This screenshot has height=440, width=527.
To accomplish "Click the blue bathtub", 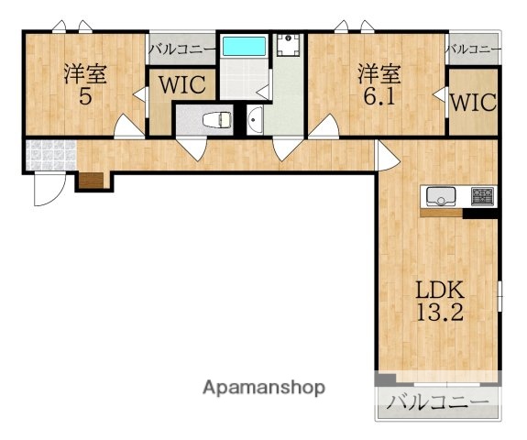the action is (244, 46).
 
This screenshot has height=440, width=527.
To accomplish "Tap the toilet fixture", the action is (217, 120).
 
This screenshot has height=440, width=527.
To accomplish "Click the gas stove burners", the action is (483, 196).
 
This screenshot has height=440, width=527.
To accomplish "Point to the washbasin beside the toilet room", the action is (255, 120).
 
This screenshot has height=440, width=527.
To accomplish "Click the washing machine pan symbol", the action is (288, 45).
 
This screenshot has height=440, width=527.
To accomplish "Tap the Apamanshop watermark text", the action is (264, 389).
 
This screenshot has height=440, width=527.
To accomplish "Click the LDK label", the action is (440, 291).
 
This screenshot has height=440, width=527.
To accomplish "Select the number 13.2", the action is (440, 313).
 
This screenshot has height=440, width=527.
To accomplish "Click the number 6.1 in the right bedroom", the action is (379, 97).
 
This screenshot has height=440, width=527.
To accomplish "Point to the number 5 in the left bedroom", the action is (85, 97).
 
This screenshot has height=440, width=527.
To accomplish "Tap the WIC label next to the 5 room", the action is (182, 84).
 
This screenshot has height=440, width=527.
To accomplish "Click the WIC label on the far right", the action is (473, 102).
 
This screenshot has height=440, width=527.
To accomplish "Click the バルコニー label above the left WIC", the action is (182, 49).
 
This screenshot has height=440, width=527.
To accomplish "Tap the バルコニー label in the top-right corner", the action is (473, 49).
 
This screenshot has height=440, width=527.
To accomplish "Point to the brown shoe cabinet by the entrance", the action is (92, 181).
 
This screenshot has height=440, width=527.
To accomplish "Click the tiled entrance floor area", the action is (51, 155).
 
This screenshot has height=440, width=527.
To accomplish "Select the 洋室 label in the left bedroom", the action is (85, 74).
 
